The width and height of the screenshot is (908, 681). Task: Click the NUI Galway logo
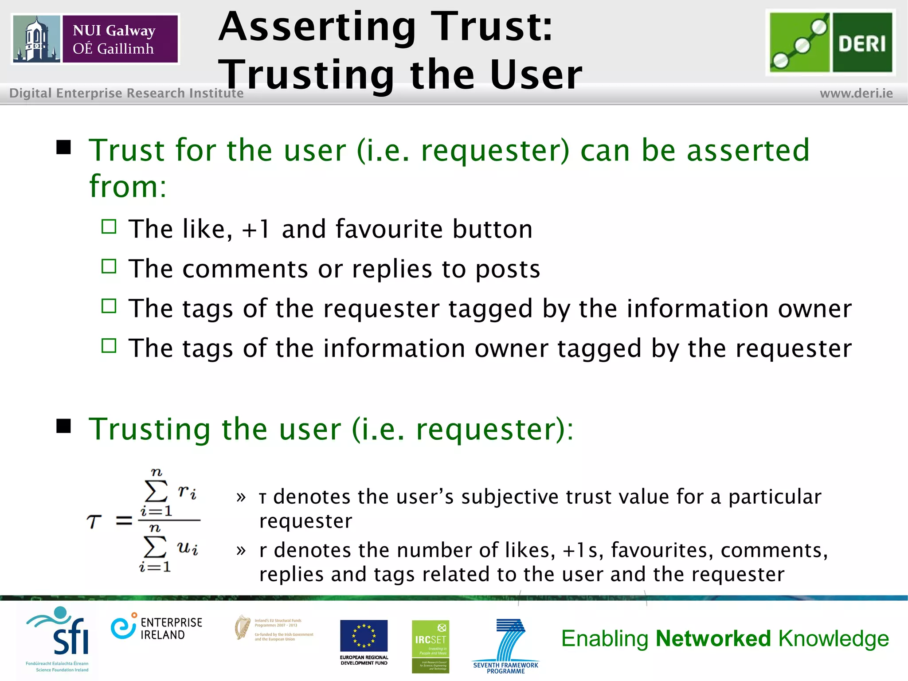click(95, 39)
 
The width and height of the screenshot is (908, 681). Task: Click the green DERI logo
click(830, 43)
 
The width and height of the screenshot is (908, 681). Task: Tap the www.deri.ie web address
click(856, 94)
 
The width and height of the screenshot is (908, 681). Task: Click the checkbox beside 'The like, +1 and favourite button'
click(109, 227)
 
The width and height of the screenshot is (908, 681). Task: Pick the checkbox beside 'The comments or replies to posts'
click(109, 266)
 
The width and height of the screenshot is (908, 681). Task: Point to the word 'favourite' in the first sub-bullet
click(388, 229)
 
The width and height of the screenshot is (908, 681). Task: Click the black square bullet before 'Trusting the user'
click(64, 426)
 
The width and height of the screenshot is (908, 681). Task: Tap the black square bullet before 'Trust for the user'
click(64, 147)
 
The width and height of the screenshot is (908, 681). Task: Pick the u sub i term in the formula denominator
click(187, 548)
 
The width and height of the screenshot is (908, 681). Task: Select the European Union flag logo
click(364, 636)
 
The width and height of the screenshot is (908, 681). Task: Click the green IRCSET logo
click(430, 646)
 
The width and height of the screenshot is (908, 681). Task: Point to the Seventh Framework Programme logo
click(506, 646)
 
